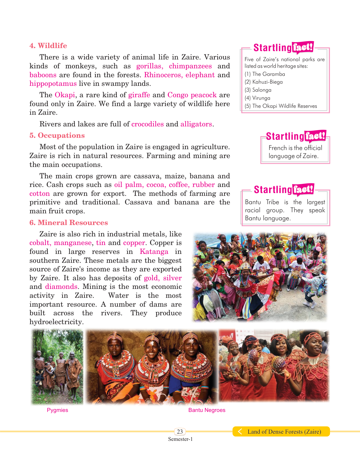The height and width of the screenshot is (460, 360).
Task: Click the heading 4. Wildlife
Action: tap(48, 46)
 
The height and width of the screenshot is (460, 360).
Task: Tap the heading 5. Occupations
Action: tap(57, 135)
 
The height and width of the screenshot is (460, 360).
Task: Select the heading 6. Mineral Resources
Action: tap(69, 222)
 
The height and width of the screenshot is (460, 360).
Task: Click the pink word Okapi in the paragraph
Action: tap(65, 95)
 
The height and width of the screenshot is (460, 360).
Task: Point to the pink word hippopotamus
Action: tap(53, 84)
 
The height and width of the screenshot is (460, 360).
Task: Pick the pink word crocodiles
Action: tap(147, 124)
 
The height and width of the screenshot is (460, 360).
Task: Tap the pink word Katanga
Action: tap(154, 251)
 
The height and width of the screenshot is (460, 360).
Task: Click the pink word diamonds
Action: tap(61, 286)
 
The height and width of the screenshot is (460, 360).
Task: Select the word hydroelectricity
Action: tap(57, 322)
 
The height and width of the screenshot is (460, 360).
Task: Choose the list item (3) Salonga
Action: tap(258, 90)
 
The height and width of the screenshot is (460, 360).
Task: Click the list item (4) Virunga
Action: tap(257, 98)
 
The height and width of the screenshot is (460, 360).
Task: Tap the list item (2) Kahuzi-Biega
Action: tap(264, 82)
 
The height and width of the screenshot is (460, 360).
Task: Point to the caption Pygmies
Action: tap(57, 410)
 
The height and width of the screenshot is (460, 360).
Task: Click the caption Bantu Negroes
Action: tap(207, 410)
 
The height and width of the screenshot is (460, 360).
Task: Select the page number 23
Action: tap(180, 431)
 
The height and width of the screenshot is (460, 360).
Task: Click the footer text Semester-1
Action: tap(180, 439)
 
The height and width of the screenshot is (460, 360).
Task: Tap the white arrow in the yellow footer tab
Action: tap(240, 431)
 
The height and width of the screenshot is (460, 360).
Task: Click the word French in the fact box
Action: tap(277, 148)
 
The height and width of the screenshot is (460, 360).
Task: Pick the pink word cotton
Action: tap(40, 193)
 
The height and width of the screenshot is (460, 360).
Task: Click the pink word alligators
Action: tap(196, 124)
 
